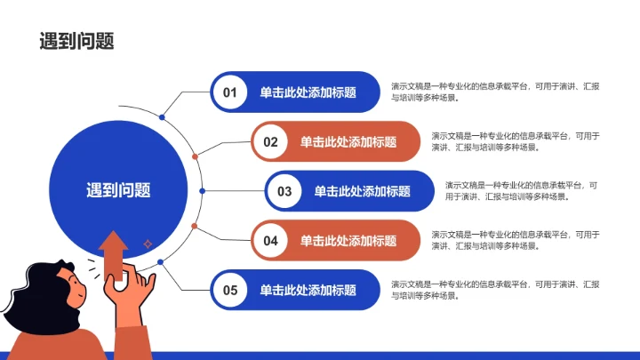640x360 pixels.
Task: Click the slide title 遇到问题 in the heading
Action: (x=77, y=41)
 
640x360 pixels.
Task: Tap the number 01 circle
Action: (x=230, y=92)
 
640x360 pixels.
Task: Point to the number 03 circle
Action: (x=284, y=191)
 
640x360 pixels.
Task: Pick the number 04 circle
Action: (x=271, y=241)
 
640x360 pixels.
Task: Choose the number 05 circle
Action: (x=230, y=290)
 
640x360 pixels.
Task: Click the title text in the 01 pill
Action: (x=308, y=92)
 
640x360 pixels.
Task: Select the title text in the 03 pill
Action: (x=362, y=191)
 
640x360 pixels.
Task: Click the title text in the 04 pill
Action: (x=348, y=241)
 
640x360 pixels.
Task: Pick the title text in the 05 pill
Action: (x=308, y=290)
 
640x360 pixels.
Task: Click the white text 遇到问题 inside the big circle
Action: (x=118, y=189)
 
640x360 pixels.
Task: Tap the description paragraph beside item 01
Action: (x=494, y=92)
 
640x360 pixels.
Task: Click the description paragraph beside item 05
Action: (x=494, y=290)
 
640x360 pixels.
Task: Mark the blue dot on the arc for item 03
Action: (x=203, y=191)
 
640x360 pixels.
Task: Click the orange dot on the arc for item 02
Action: (x=195, y=156)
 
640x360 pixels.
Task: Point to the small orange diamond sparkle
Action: (x=148, y=242)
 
